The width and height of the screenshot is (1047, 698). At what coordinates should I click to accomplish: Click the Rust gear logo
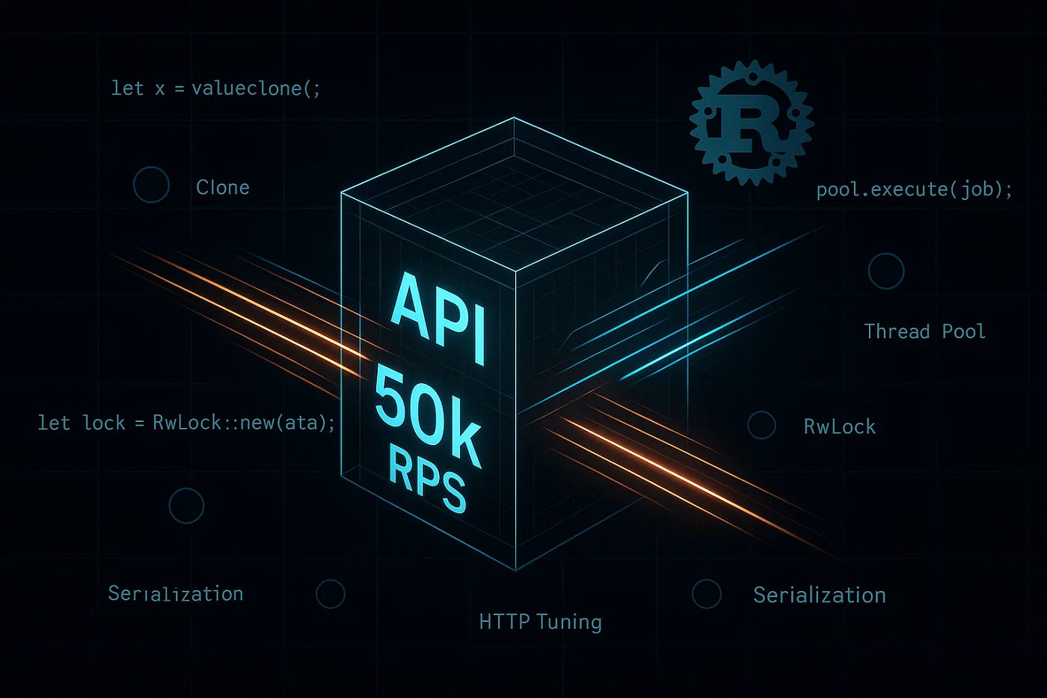click(751, 123)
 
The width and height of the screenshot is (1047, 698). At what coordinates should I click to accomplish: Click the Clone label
click(223, 187)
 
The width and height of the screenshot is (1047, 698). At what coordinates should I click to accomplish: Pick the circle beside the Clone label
click(151, 185)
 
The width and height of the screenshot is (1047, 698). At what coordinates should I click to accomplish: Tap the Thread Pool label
click(924, 331)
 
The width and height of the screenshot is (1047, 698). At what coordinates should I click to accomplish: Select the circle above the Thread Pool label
click(886, 271)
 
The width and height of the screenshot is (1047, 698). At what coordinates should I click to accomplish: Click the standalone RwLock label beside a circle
click(839, 426)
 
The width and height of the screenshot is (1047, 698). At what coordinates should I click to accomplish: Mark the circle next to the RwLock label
click(761, 425)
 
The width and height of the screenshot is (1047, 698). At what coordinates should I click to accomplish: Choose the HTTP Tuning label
click(540, 622)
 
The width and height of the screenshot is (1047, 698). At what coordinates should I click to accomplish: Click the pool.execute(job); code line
click(914, 189)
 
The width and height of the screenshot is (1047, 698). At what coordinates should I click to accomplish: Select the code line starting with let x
click(216, 88)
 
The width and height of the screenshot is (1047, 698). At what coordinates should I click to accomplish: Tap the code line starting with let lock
click(187, 423)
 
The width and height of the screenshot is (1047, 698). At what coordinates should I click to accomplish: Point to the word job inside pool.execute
click(977, 189)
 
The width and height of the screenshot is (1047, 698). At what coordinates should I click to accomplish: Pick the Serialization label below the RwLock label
click(819, 595)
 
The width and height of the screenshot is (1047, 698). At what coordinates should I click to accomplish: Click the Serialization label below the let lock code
click(176, 594)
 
